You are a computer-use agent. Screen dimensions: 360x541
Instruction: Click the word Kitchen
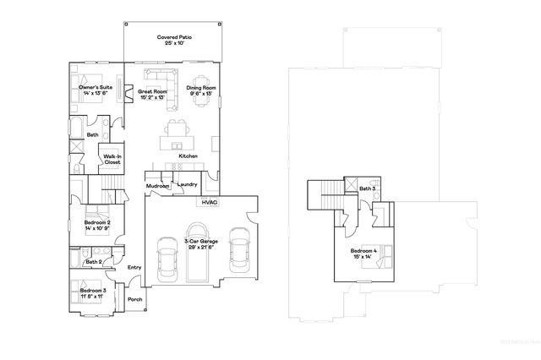click(x=188, y=156)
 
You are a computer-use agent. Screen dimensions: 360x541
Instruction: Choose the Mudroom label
click(x=157, y=186)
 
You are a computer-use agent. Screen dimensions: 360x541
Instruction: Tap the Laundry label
click(x=188, y=183)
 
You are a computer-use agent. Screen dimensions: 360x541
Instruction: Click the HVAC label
click(x=209, y=202)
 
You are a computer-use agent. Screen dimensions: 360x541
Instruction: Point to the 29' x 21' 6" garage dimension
click(x=201, y=247)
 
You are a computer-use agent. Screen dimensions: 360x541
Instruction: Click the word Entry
click(x=134, y=268)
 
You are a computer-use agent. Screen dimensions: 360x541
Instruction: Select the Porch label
click(x=134, y=299)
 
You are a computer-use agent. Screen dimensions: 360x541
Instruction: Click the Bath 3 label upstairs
click(x=367, y=188)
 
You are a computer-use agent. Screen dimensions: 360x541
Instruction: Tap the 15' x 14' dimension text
click(x=363, y=256)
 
